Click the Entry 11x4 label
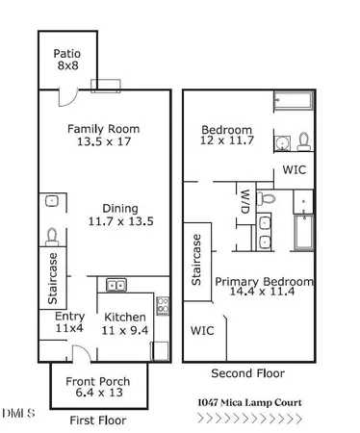click(x=69, y=322)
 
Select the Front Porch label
click(x=97, y=388)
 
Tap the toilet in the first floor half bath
click(x=52, y=235)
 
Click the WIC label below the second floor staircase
click(x=202, y=330)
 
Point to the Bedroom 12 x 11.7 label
click(x=226, y=136)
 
